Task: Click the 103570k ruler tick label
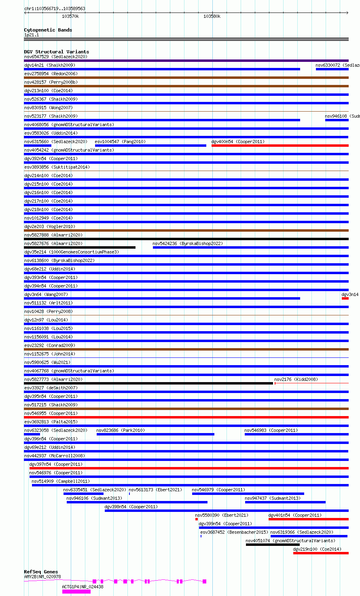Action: click(70, 17)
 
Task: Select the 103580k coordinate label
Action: click(212, 17)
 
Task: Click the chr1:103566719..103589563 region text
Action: click(55, 8)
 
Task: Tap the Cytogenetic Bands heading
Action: click(48, 30)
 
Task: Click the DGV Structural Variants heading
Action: click(56, 52)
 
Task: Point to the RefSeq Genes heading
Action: click(41, 572)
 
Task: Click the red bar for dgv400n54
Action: click(280, 146)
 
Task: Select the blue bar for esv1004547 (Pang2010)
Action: click(150, 146)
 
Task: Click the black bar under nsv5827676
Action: click(80, 247)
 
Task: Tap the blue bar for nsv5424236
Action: click(250, 247)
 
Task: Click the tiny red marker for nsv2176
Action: click(275, 383)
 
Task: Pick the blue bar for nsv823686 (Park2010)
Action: click(155, 434)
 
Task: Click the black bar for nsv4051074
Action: click(272, 545)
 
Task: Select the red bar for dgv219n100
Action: click(321, 553)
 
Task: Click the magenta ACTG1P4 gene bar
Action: click(76, 592)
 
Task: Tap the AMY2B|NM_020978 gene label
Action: click(42, 577)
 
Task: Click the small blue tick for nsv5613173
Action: click(129, 494)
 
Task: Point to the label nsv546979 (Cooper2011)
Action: click(218, 490)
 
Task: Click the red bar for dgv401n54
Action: click(308, 519)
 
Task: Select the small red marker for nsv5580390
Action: click(197, 519)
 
